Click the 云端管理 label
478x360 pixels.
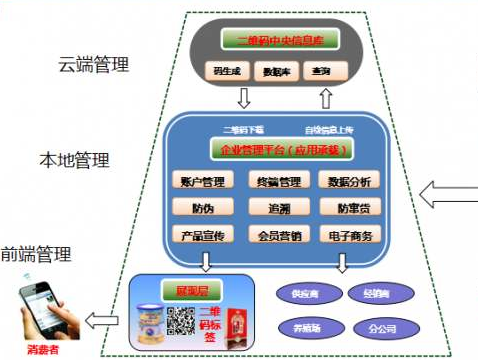[x=96, y=66]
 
